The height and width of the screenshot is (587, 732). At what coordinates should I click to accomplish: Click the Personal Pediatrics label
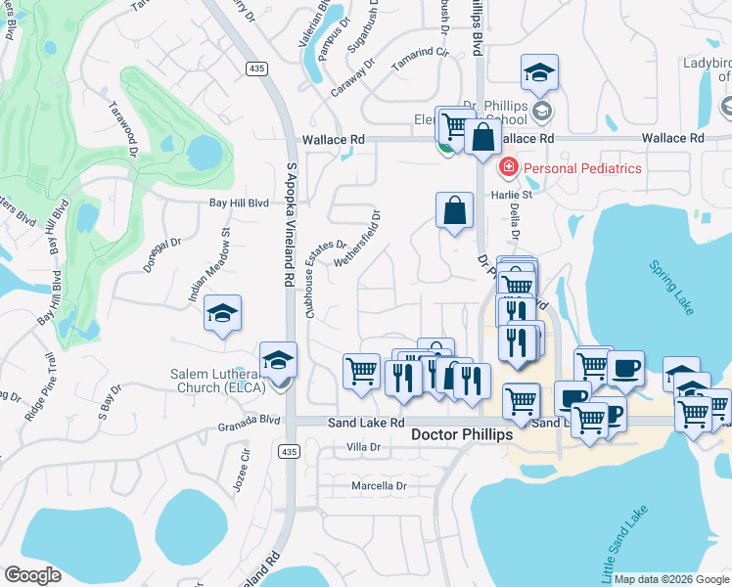click(x=582, y=168)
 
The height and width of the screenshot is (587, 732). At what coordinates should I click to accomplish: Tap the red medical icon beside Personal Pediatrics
click(x=508, y=168)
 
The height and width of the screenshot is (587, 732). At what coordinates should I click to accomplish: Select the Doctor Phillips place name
click(x=461, y=434)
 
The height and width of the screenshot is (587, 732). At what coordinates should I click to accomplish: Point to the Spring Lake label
click(x=671, y=288)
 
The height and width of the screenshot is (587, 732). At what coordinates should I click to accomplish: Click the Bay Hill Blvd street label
click(x=239, y=203)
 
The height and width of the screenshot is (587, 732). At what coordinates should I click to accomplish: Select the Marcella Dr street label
click(x=378, y=485)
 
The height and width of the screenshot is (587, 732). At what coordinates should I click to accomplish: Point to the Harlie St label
click(x=513, y=194)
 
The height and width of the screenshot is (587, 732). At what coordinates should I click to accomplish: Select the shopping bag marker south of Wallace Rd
click(x=455, y=210)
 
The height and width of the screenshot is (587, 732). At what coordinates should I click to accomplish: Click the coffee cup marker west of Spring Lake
click(x=625, y=369)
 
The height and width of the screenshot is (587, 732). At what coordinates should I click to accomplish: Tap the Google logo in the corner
click(x=33, y=575)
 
